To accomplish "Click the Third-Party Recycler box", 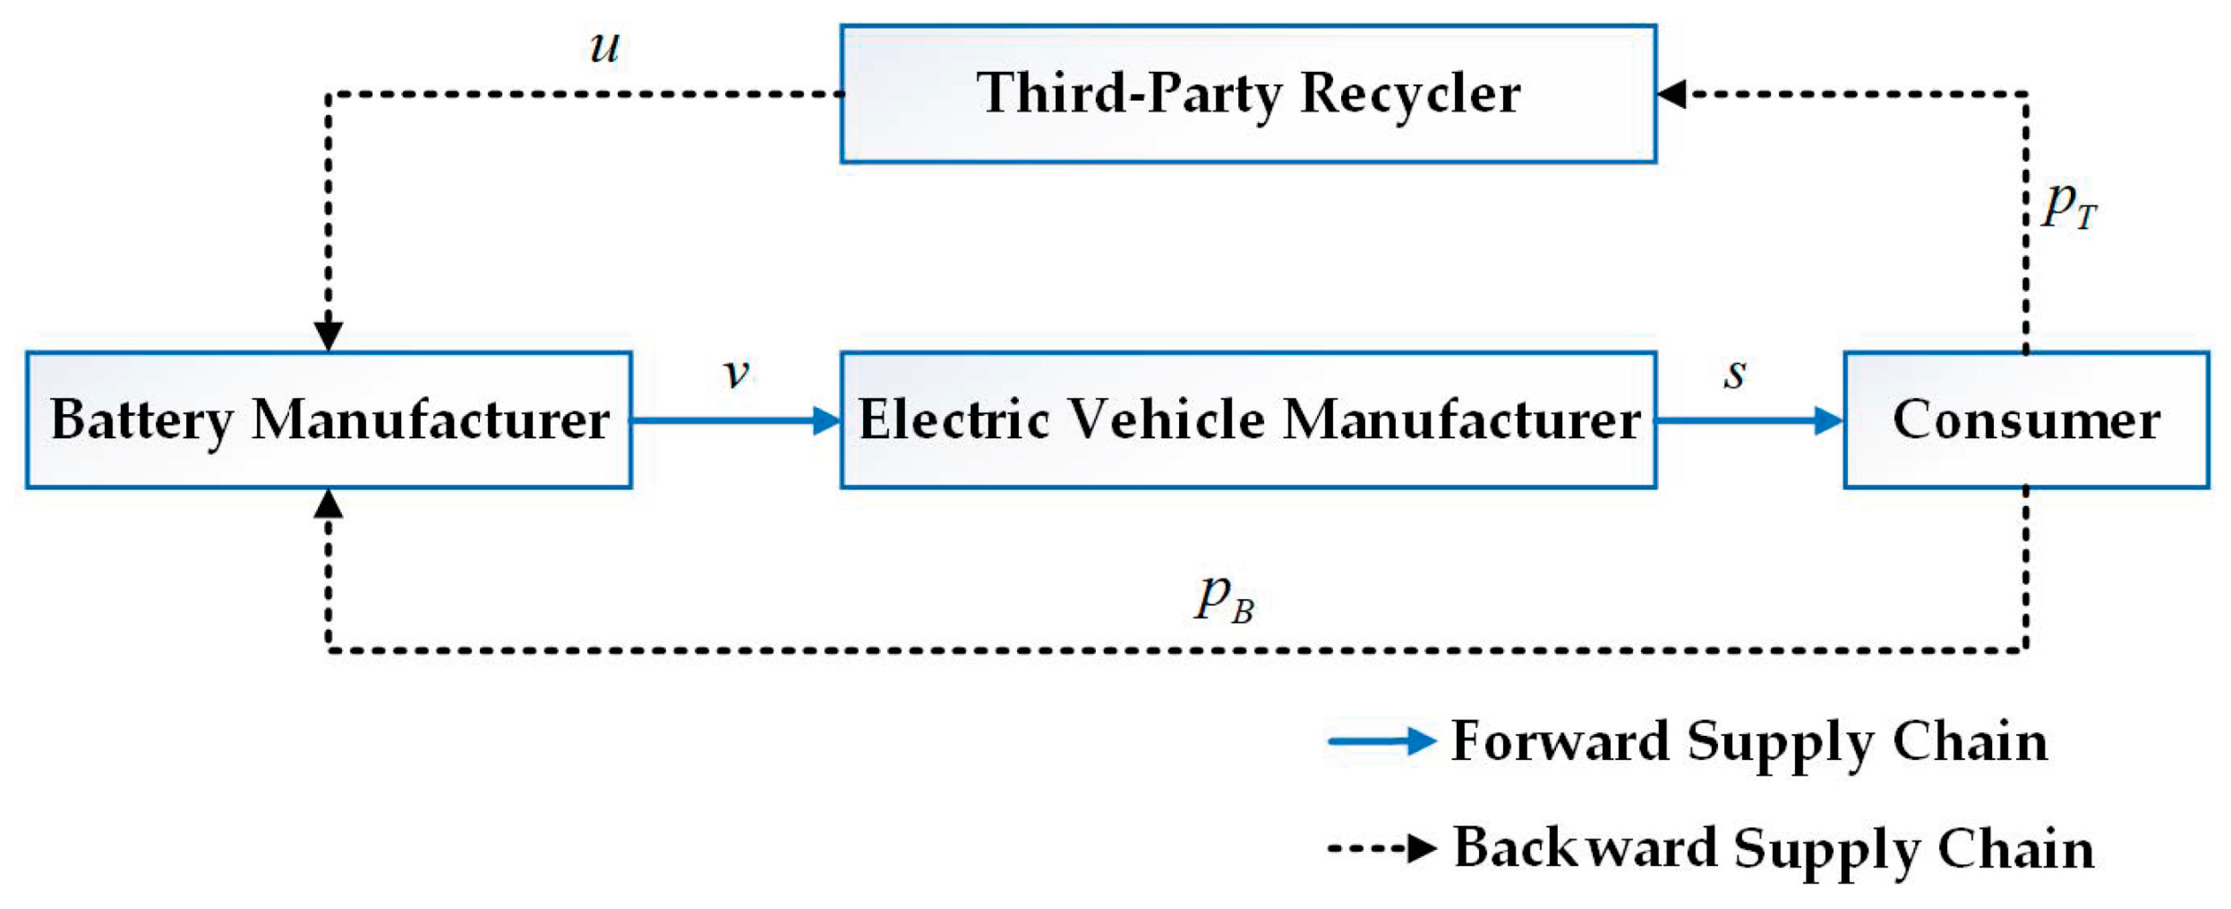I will [x=1247, y=94].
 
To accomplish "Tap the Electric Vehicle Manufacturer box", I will [x=1247, y=420].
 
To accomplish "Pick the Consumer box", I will [x=2025, y=420].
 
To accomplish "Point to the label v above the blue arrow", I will [x=735, y=373].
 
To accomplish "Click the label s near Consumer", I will [x=1734, y=373].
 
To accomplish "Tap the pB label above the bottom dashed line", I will [x=1224, y=599].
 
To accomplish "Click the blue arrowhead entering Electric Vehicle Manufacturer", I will [x=826, y=421].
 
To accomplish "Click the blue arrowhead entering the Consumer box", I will [x=1827, y=421].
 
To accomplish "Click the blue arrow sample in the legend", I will [x=1381, y=742].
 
